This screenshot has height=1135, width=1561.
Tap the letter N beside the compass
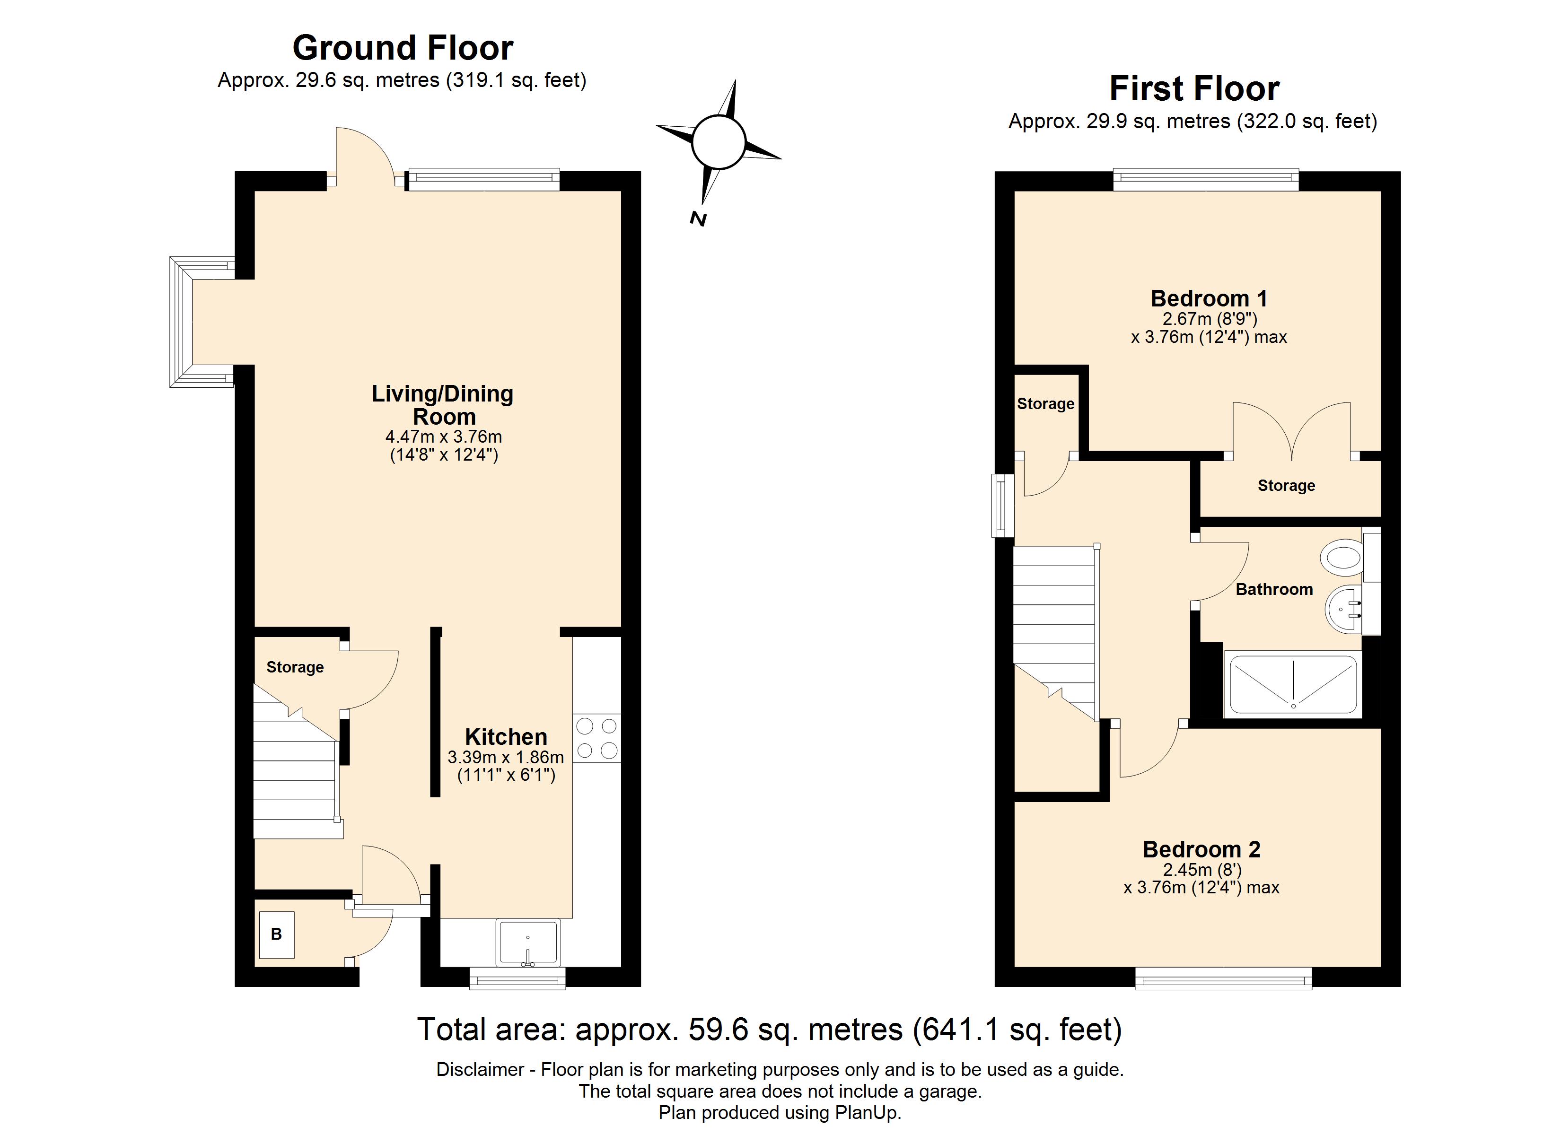(698, 219)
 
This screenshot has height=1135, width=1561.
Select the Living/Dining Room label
(443, 405)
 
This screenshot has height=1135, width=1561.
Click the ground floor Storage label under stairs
(295, 667)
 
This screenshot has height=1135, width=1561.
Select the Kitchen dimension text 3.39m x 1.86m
(506, 758)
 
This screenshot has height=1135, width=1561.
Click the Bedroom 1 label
(1209, 299)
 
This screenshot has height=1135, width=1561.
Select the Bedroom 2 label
(1201, 849)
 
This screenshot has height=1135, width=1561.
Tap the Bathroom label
(1274, 589)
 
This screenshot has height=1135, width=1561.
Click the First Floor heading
(1194, 89)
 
